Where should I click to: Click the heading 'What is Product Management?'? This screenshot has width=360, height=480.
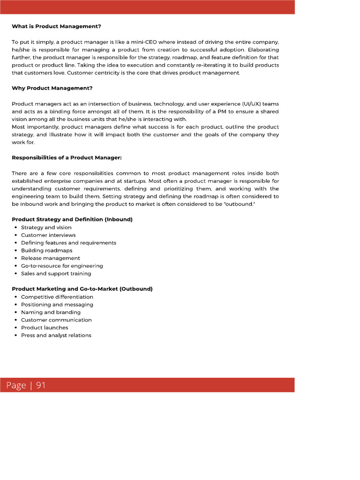point(56,26)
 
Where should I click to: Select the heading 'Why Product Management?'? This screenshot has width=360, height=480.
point(52,88)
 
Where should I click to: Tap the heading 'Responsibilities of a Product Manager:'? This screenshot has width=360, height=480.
point(67,157)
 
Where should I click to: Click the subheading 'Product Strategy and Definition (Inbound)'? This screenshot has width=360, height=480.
point(72,219)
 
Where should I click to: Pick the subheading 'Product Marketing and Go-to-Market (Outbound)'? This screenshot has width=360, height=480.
point(82,289)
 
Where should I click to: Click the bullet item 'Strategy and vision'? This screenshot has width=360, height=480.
point(46,227)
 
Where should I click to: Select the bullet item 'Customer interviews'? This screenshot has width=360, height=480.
point(48,235)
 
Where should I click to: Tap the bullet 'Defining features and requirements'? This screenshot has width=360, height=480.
point(68,243)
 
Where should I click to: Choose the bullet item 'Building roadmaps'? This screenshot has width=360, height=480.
point(46,250)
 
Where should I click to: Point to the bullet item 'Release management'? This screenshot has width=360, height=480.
point(50,258)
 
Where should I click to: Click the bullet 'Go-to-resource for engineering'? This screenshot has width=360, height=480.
point(62,266)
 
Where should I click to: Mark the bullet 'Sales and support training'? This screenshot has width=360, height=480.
point(56,273)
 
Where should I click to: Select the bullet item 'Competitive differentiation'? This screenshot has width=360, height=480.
point(57,297)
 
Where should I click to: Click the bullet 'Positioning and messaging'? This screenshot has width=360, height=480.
point(57,304)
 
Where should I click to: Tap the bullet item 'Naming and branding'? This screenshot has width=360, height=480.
point(51,312)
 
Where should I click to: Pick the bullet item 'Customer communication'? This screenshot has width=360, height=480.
point(56,320)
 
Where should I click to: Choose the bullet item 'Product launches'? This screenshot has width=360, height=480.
point(45,328)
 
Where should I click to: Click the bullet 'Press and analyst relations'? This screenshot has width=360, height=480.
point(56,335)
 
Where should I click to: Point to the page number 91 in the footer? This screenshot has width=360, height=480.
point(41,385)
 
